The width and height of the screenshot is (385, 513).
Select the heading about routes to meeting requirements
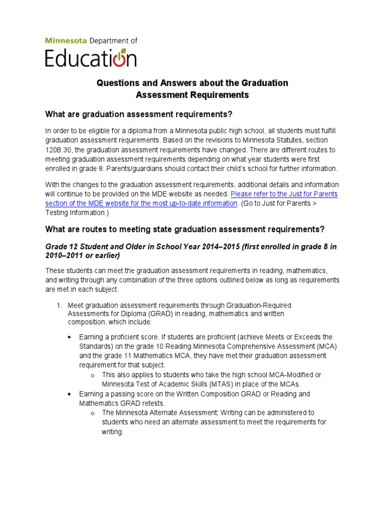(x=185, y=229)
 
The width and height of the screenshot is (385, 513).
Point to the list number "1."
(x=59, y=305)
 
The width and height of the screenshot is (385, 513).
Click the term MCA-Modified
(x=295, y=375)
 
